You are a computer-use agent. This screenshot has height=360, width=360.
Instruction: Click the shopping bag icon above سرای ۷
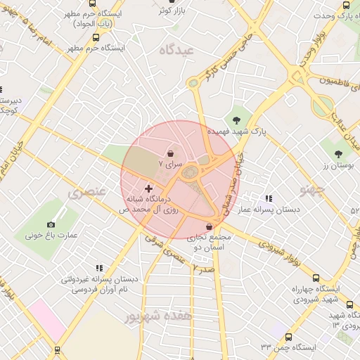pos(171,153)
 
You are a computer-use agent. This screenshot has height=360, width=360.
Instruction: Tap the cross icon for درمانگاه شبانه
pos(148,189)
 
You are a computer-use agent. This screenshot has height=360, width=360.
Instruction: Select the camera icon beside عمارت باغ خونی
pos(51,225)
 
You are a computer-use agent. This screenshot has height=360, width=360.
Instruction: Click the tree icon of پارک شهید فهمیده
pos(236,119)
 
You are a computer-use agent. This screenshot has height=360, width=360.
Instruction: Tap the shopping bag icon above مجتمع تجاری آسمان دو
pos(210,227)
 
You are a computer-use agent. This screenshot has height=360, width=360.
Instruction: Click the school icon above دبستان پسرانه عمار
pos(269,199)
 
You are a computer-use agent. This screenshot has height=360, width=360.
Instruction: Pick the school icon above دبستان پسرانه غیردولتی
pos(99,268)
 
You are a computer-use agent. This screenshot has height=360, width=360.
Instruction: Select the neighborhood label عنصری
pos(87,191)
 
